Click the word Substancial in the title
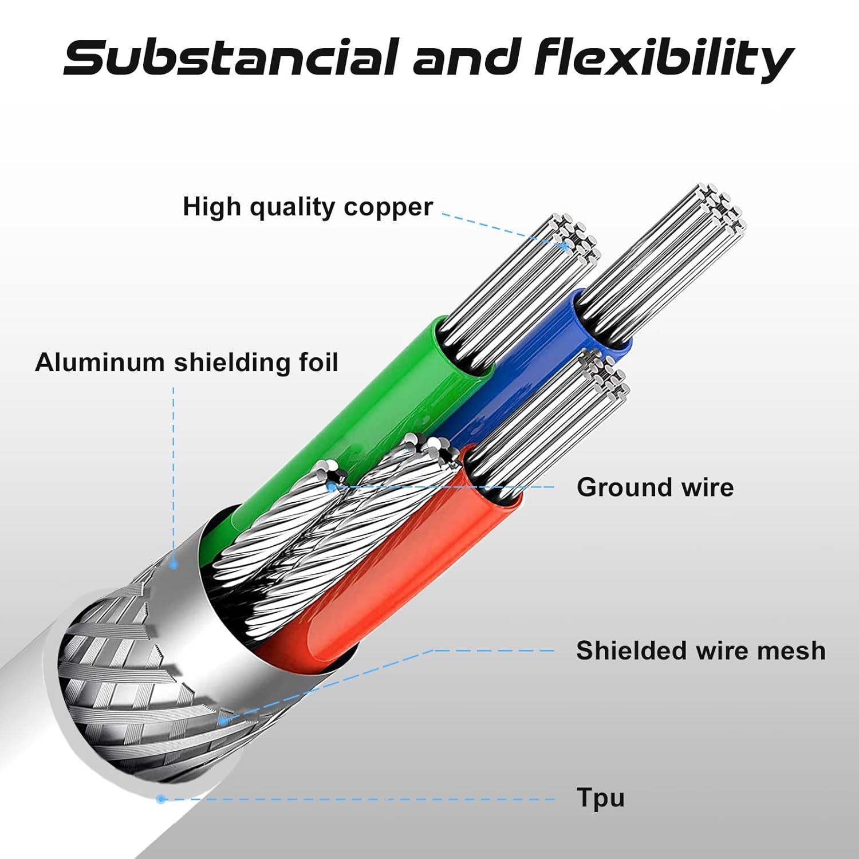[230, 57]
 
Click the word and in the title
[466, 57]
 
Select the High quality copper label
[308, 207]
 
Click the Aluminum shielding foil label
[187, 362]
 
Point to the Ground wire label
[655, 487]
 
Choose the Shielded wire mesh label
[701, 651]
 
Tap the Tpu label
[600, 798]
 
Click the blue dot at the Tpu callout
[161, 799]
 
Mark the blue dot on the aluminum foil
[174, 565]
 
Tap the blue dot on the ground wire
[332, 487]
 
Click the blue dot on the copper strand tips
[566, 247]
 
